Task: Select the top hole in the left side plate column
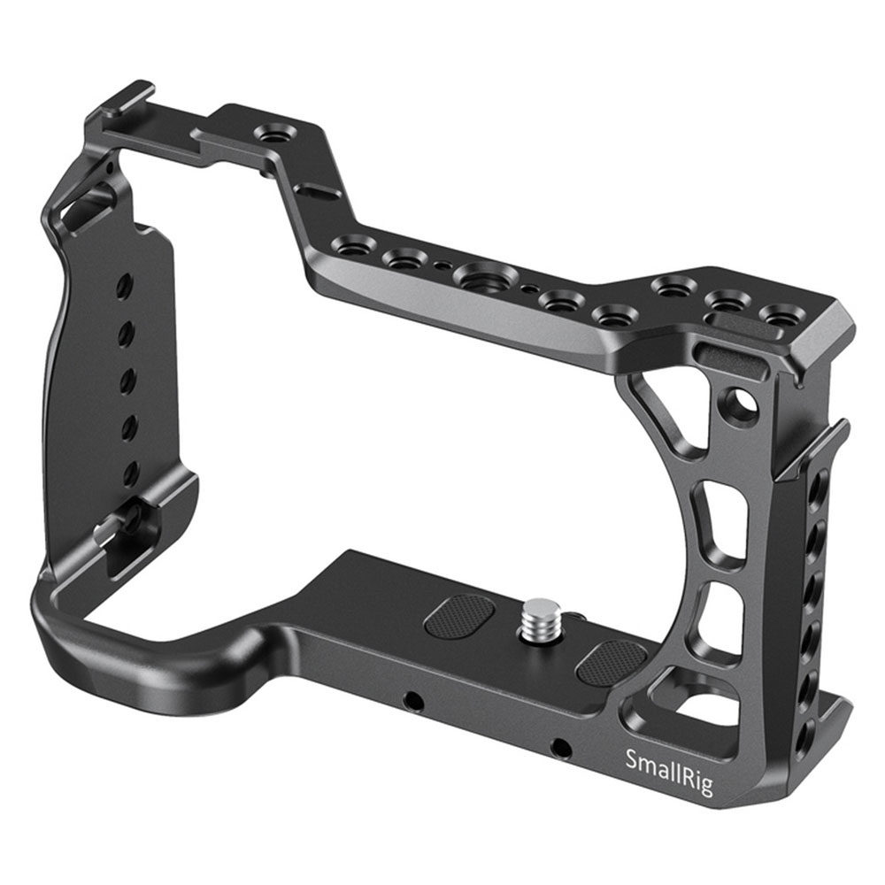tap(124, 284)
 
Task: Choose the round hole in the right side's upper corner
tap(740, 402)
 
